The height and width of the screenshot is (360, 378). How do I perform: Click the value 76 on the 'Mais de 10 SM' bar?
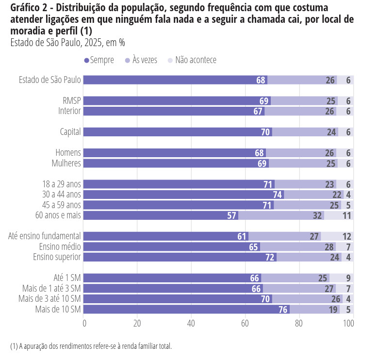click(x=283, y=309)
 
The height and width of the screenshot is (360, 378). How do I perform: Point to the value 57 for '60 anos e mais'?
click(x=232, y=215)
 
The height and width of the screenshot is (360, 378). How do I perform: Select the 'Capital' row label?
click(x=70, y=132)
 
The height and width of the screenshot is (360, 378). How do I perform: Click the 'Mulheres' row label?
click(x=66, y=164)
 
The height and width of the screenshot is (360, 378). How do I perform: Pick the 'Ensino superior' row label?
click(x=57, y=257)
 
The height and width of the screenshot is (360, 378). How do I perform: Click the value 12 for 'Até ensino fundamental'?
click(x=346, y=236)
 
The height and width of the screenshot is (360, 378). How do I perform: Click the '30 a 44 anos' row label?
click(x=62, y=195)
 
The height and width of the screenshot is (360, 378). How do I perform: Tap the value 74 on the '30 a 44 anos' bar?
click(x=278, y=195)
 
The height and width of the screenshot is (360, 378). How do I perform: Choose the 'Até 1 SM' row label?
click(x=67, y=278)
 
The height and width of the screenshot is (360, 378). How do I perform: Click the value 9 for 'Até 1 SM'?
click(x=348, y=278)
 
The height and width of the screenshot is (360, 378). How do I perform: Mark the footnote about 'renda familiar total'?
click(x=91, y=346)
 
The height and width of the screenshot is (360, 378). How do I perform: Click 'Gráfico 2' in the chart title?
click(x=29, y=8)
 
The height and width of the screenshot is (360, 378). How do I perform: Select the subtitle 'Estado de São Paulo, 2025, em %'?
click(x=67, y=43)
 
